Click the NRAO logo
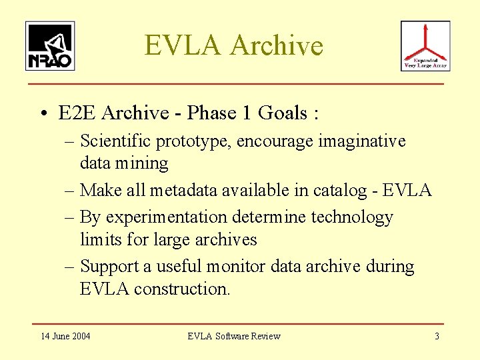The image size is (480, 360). coord(50,46)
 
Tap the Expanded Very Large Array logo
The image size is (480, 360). coord(425,46)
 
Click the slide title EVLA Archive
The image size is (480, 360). coord(233,45)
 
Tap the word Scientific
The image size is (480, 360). coord(115,141)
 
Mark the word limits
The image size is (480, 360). coord(100,239)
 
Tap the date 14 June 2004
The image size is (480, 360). coord(65,336)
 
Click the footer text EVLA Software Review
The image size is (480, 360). coord(234,336)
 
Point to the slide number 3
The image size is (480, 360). coord(437,336)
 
